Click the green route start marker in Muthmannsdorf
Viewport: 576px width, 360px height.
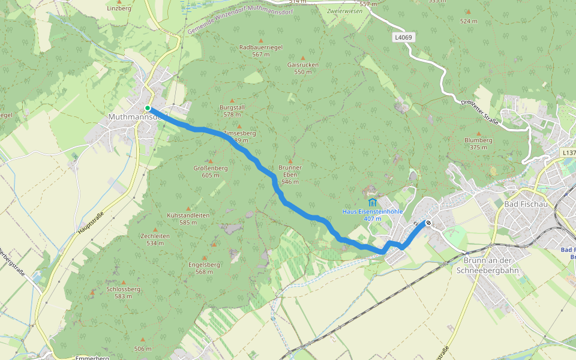pos(148,108)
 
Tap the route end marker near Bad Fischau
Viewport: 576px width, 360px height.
pos(428,223)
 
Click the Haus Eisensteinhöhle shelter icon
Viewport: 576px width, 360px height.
pos(373,202)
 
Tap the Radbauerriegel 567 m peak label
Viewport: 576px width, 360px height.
pos(260,50)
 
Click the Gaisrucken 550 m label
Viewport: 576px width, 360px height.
pos(303,68)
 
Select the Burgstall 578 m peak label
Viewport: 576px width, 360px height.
pos(234,110)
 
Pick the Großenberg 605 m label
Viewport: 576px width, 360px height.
pos(211,172)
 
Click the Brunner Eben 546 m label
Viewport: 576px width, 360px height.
pos(290,174)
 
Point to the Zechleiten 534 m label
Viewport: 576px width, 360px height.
pos(155,239)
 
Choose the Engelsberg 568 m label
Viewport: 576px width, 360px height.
pos(204,268)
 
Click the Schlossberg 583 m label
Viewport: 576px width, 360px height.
pos(123,292)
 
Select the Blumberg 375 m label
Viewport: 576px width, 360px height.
pos(478,143)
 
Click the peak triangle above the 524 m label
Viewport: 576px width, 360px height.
pos(468,11)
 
